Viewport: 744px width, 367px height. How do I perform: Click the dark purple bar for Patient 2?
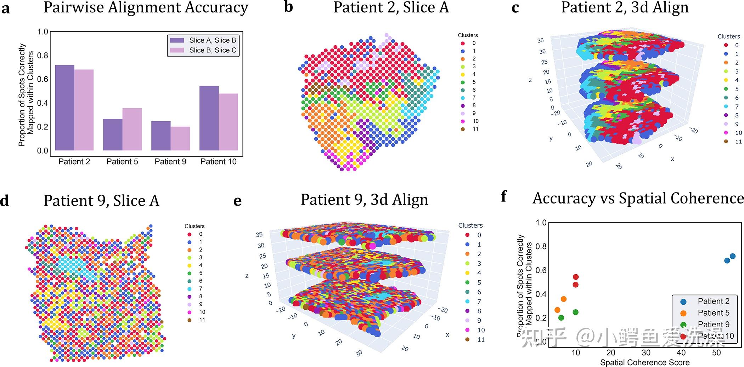tap(64, 108)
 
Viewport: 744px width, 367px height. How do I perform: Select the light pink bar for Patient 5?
tap(132, 129)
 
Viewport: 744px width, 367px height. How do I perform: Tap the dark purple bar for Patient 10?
tap(209, 118)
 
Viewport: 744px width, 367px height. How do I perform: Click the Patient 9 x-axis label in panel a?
tap(170, 162)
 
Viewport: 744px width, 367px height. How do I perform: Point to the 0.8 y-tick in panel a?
tap(43, 56)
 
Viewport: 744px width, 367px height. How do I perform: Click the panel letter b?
tap(288, 7)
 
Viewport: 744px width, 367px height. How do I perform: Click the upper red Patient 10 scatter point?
tap(576, 277)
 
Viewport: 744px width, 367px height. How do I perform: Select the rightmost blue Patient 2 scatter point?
tap(733, 256)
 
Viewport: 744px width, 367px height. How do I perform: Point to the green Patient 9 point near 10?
tap(575, 312)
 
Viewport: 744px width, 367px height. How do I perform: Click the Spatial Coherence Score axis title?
tap(644, 362)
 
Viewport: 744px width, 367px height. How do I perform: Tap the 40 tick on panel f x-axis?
tap(681, 352)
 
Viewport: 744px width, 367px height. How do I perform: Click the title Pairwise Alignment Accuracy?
tap(146, 8)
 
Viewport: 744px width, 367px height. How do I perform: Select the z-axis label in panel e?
tap(247, 275)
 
